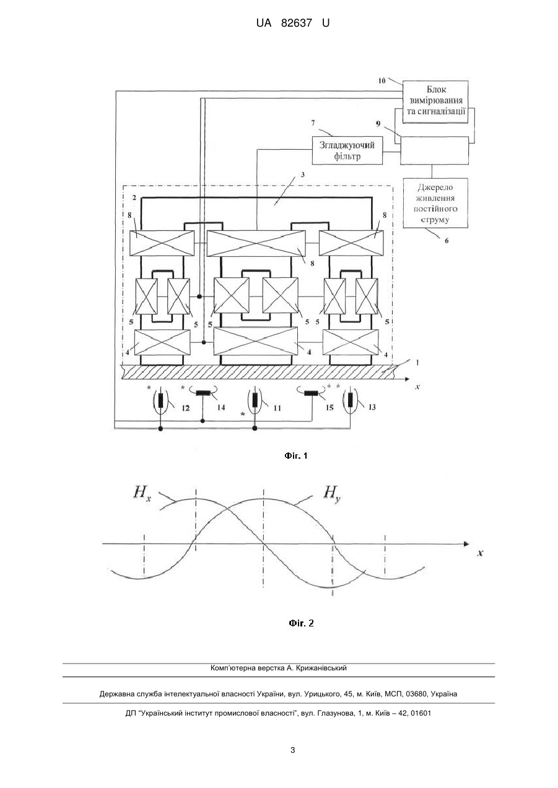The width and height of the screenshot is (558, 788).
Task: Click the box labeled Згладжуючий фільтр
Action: (x=347, y=150)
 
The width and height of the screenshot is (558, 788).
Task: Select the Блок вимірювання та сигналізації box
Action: (x=435, y=102)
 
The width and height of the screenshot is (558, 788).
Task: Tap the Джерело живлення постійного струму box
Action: (x=435, y=203)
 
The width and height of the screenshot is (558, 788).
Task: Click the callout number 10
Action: (x=382, y=80)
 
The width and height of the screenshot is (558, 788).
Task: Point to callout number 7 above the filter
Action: (x=313, y=123)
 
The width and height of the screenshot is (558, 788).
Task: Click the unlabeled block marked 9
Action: (x=434, y=150)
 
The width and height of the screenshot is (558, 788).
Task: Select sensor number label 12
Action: (x=186, y=408)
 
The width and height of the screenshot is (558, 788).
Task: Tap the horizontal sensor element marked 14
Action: (x=203, y=393)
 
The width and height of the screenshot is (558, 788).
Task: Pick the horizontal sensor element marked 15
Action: (x=312, y=393)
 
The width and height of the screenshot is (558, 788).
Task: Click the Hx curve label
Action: (x=142, y=493)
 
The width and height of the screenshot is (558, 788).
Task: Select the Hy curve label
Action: (x=332, y=493)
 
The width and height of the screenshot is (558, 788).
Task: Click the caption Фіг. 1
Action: (x=296, y=456)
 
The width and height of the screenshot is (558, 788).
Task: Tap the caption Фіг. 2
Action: (x=301, y=623)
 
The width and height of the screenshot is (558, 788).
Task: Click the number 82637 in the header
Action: (x=297, y=24)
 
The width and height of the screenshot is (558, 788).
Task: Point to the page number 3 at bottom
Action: (x=292, y=750)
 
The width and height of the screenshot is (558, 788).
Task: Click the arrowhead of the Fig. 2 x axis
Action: (x=467, y=544)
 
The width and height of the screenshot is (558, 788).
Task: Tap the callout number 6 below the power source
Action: (x=447, y=241)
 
